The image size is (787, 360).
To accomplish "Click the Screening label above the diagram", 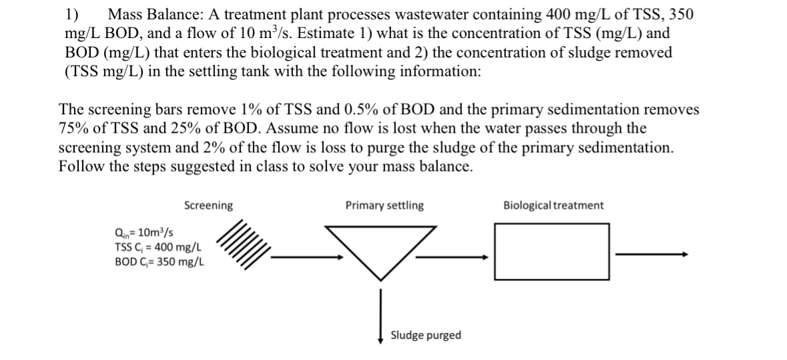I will click(x=208, y=206).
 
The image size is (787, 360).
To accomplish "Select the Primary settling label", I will click(x=384, y=206).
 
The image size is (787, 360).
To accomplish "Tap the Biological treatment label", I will click(x=553, y=206).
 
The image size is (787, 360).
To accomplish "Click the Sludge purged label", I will click(x=425, y=335).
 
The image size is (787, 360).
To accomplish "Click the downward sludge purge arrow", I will click(x=380, y=314).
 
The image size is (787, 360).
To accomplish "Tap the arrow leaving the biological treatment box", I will click(x=651, y=254).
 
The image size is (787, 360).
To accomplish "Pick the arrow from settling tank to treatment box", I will click(x=454, y=254).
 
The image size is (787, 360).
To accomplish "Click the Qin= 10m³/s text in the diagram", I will click(x=145, y=233).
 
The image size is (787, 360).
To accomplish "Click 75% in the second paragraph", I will click(x=72, y=128).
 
